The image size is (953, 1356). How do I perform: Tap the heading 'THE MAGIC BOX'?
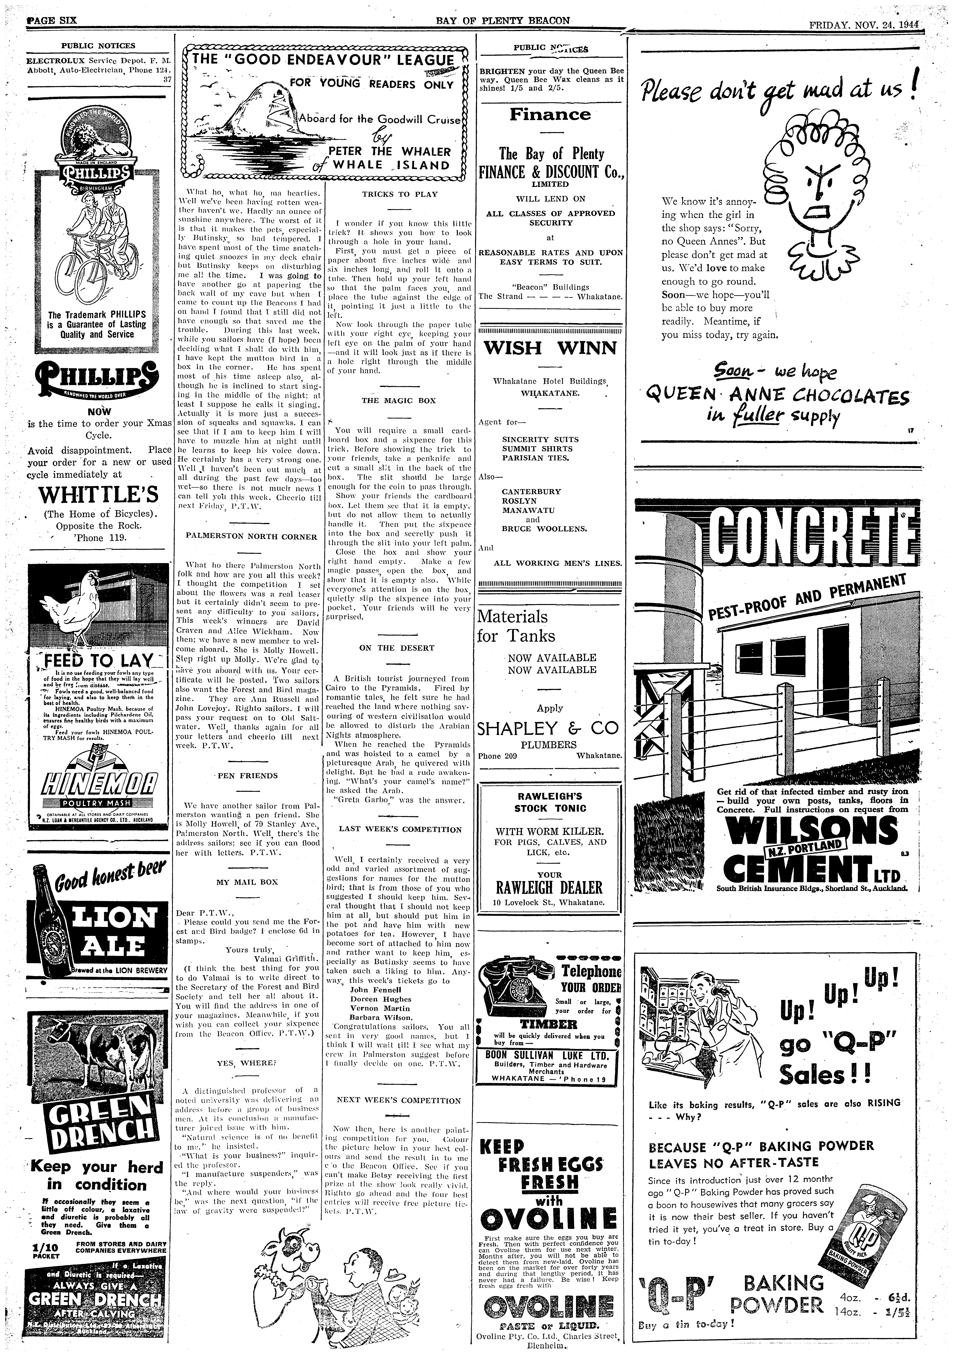click(399, 400)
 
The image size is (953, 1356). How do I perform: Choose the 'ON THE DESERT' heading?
click(396, 648)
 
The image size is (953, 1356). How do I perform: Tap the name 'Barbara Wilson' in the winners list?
click(381, 1018)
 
